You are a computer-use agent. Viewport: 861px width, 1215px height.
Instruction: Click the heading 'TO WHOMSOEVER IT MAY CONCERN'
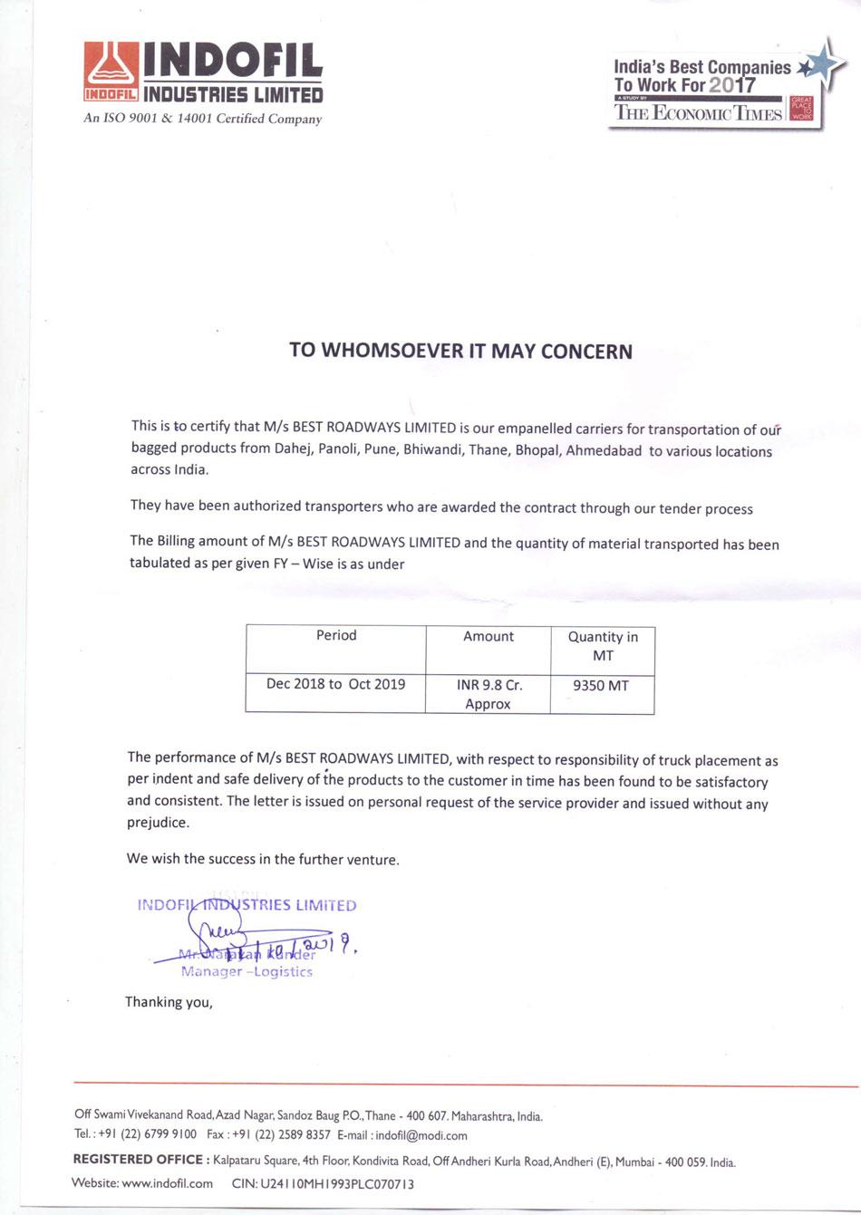(x=460, y=351)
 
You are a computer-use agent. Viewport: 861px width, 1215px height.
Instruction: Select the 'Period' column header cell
(x=336, y=636)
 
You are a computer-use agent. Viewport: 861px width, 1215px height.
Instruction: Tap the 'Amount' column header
(x=489, y=637)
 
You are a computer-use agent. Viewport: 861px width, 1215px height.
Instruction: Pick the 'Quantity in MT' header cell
(x=603, y=646)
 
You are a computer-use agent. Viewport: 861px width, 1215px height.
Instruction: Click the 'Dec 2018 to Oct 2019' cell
(x=335, y=684)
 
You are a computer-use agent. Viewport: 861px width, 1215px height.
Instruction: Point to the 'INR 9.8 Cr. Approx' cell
(x=489, y=694)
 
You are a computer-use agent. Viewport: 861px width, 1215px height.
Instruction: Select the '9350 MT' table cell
(x=601, y=686)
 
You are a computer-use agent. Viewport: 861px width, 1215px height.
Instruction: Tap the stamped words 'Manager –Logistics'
(x=247, y=972)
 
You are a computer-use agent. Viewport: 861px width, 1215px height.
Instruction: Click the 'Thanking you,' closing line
(x=169, y=1001)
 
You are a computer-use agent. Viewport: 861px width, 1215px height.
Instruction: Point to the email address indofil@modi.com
(x=421, y=1135)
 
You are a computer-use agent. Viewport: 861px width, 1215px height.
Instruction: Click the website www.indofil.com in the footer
(x=167, y=1182)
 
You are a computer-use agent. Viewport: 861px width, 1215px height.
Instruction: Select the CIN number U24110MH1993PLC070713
(x=337, y=1183)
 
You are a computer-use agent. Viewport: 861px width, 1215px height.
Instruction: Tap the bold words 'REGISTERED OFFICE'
(x=138, y=1160)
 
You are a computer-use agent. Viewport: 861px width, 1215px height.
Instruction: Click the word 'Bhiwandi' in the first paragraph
(x=432, y=449)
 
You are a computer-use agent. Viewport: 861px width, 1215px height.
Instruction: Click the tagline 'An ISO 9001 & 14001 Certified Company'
(x=202, y=119)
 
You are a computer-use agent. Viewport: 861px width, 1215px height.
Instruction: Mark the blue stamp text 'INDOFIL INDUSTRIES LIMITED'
(x=247, y=905)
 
